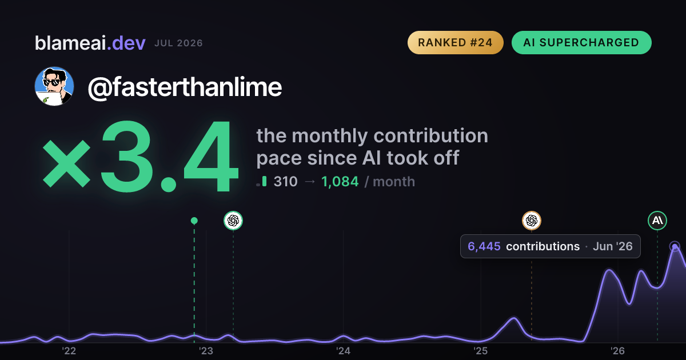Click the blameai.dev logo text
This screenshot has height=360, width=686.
coord(90,43)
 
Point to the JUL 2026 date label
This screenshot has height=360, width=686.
coord(178,43)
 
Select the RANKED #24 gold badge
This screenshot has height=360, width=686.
coord(456,42)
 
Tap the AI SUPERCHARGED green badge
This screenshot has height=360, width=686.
coord(581,42)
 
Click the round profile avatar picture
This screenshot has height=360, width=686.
coord(54,86)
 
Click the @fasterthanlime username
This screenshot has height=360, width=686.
coord(185,87)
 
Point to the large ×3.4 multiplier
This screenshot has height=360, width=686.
coord(140,156)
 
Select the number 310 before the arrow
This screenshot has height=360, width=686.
coord(285,182)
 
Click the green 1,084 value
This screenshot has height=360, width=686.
coord(340,182)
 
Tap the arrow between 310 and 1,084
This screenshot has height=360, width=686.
coord(310,182)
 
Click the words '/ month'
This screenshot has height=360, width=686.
coord(390,182)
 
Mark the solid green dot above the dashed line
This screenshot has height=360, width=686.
coord(194,221)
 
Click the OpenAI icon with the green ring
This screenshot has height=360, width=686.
coord(233,221)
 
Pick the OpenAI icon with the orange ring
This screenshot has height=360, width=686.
coord(531,221)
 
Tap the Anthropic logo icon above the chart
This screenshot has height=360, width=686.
coord(657,221)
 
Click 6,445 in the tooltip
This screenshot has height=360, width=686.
coord(484,246)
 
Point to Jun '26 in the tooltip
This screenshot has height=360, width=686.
coord(612,246)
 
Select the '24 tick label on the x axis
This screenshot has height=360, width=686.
coord(343,351)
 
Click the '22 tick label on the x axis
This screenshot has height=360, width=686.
coord(69,351)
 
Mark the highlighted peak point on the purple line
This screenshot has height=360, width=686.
coord(675,246)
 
